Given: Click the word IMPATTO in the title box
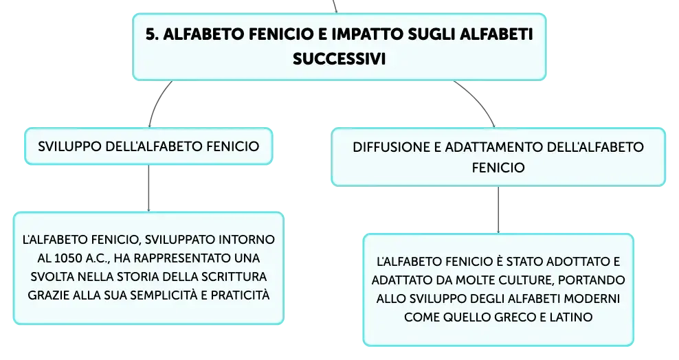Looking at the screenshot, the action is coord(367,34).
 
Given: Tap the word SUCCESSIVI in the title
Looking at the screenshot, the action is coord(339,59).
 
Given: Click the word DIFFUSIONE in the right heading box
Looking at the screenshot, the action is coord(392,147).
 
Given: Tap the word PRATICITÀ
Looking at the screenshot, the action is coord(240,295).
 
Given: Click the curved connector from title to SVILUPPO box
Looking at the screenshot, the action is coord(156,102).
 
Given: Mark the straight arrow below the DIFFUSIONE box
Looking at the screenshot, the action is coord(498,210).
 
